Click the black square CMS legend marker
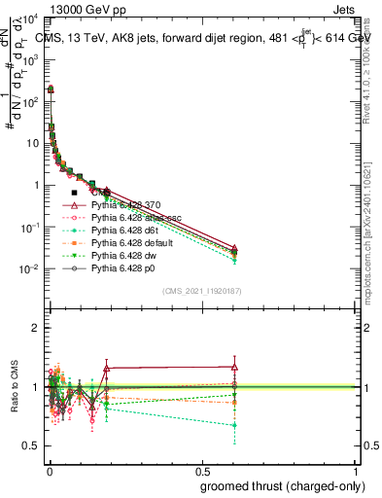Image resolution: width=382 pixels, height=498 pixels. [75, 194]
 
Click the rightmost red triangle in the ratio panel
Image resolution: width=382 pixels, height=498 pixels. [234, 367]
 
